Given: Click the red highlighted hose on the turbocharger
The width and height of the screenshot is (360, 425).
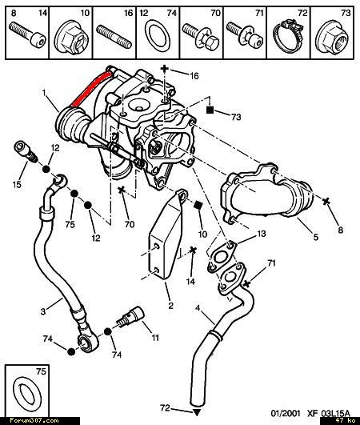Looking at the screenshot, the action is [x=90, y=88].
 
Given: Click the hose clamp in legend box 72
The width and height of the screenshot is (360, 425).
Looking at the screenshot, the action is [x=288, y=36].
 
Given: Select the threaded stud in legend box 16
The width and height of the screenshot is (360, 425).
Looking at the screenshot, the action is [x=114, y=36].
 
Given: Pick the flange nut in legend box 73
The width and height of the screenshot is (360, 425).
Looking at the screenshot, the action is [x=332, y=37].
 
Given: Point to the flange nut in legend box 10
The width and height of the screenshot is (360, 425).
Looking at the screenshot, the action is [x=71, y=38].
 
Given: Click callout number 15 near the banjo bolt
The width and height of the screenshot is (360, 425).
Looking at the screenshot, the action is [x=17, y=185].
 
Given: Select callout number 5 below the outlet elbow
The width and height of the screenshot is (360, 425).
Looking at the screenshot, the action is [x=315, y=237].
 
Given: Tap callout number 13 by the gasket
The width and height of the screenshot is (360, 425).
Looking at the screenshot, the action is [x=261, y=234].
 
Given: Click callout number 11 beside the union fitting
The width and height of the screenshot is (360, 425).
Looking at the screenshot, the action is [x=155, y=338].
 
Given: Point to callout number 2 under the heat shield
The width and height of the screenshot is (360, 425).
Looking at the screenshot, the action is [x=170, y=306].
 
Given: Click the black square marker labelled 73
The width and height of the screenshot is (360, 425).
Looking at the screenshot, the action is [x=210, y=110].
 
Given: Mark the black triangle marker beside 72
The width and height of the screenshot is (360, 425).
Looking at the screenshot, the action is [x=197, y=412].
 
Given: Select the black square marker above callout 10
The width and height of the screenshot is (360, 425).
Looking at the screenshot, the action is [x=198, y=205].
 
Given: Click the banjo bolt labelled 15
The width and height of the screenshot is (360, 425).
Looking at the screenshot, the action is [x=26, y=151].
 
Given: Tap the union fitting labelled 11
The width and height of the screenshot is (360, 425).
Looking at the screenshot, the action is [x=131, y=316].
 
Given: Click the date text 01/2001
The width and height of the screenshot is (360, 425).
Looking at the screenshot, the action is [x=286, y=413].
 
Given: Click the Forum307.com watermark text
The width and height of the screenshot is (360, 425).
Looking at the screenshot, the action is [x=34, y=421].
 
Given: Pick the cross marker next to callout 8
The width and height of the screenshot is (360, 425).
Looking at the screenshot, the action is [x=326, y=201].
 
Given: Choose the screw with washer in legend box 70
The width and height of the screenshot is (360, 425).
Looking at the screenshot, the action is [x=201, y=37].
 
